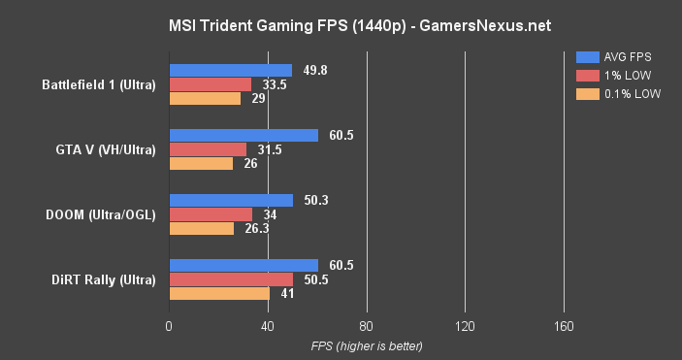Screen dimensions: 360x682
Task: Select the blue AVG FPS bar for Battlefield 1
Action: coord(231,70)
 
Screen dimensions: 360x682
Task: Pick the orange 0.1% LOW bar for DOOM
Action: coord(202,229)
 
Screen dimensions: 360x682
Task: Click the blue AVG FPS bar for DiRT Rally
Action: coord(244,266)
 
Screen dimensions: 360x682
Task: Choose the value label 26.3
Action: coord(255,229)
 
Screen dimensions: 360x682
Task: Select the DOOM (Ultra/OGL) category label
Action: coord(102,214)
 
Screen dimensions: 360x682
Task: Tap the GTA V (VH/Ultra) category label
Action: coord(105,149)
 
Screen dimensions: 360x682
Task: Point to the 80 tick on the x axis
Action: coord(367,327)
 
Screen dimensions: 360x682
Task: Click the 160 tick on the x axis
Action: coord(563,327)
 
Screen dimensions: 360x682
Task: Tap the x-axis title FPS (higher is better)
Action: coord(367,345)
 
